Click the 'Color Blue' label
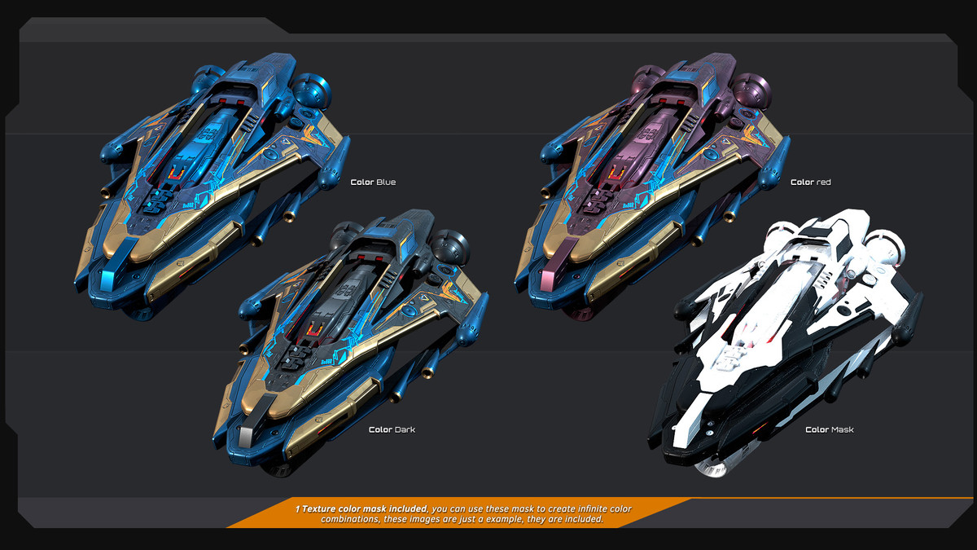(373, 182)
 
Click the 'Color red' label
(810, 182)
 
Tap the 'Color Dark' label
(392, 429)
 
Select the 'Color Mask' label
(829, 429)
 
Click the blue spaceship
(209, 183)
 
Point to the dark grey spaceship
(349, 341)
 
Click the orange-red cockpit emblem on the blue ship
(176, 174)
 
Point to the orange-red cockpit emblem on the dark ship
(315, 330)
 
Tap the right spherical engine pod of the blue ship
(311, 91)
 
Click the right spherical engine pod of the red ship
(752, 91)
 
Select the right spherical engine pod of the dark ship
(450, 248)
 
